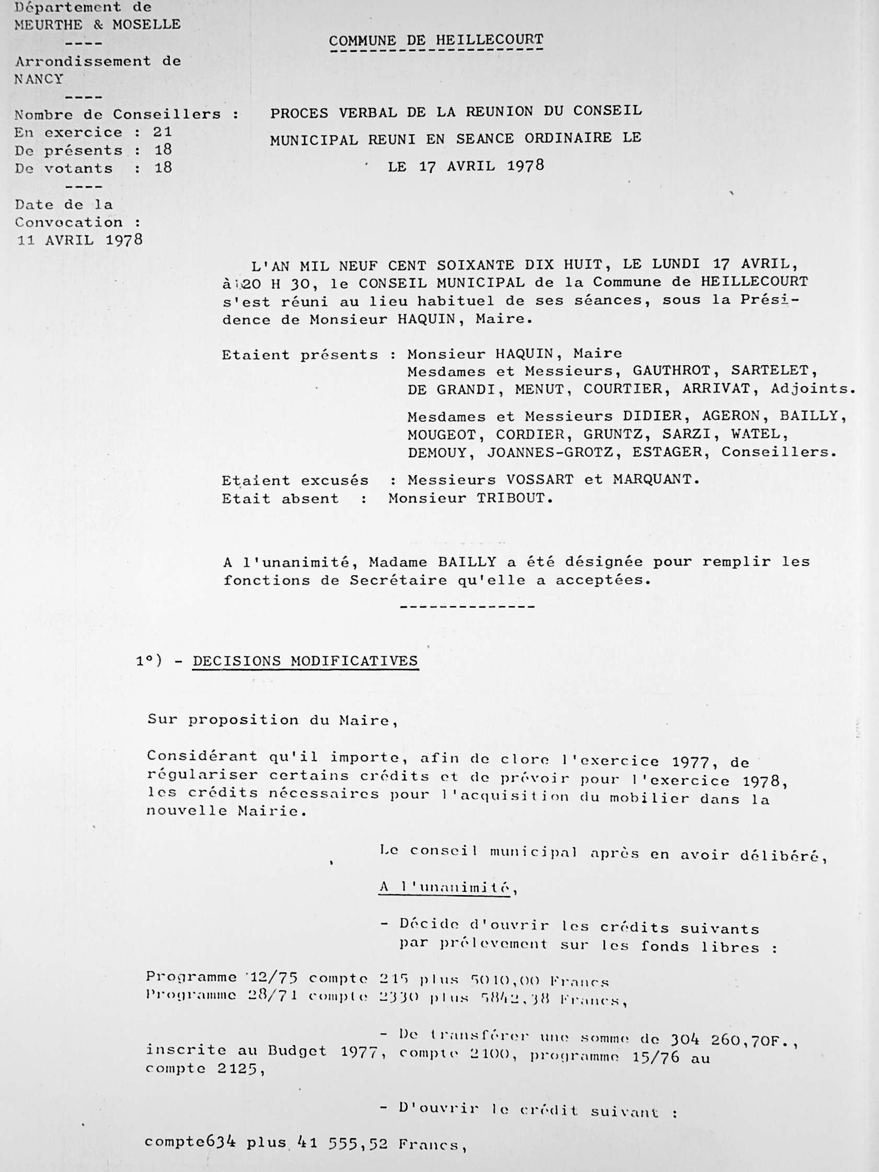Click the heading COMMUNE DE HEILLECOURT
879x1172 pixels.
[435, 40]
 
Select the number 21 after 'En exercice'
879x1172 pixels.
[162, 131]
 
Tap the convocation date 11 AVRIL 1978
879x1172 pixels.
[80, 240]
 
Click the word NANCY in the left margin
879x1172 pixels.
[39, 79]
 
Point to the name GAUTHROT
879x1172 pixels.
[672, 370]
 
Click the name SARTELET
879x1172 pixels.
[774, 370]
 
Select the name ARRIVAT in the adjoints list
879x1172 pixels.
[718, 388]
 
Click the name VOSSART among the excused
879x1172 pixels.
[539, 480]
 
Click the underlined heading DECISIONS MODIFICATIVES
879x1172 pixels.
[305, 660]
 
